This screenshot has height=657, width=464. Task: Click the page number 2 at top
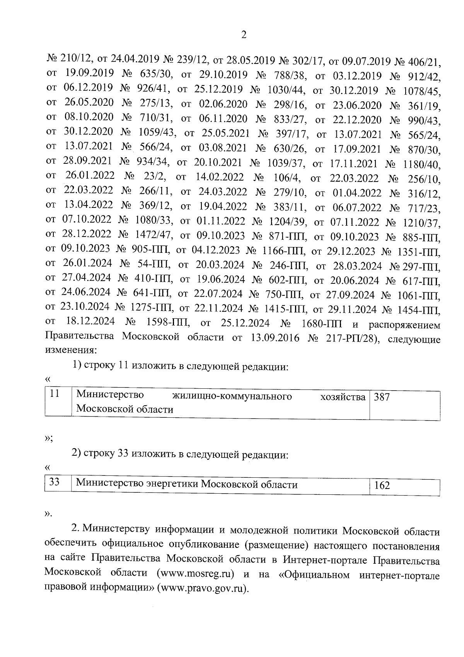244,35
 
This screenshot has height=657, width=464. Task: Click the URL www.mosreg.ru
196,573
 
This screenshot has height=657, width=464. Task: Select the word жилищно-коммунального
232,396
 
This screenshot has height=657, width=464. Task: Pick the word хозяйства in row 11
343,397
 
